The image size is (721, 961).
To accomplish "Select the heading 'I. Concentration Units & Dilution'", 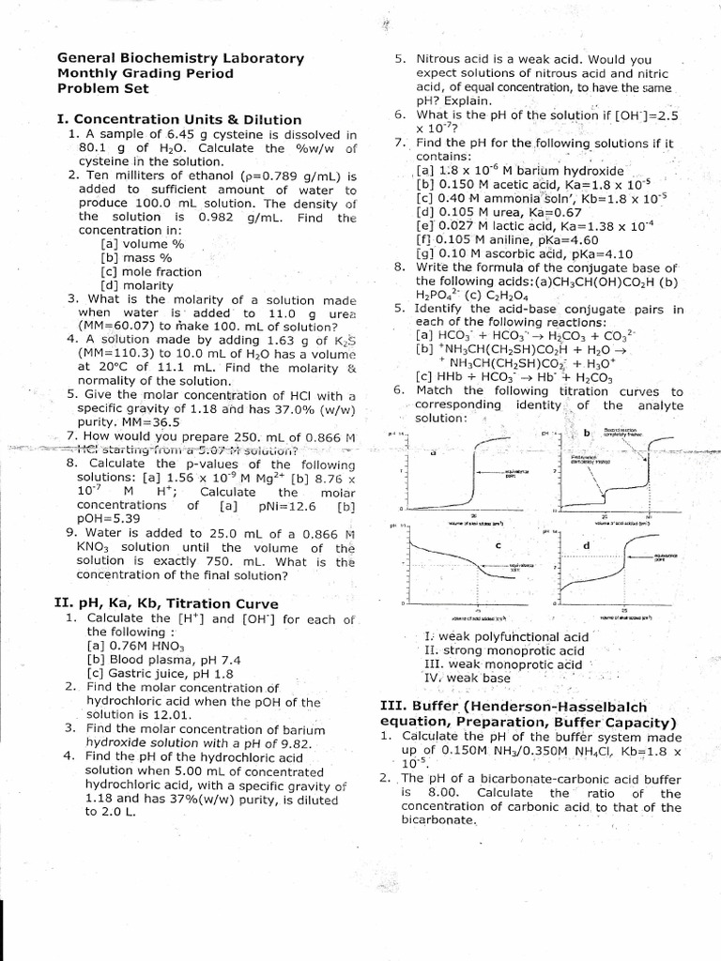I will [179, 119].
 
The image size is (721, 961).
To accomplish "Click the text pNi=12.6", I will [277, 505].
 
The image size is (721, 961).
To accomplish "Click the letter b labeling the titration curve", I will [587, 433].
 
